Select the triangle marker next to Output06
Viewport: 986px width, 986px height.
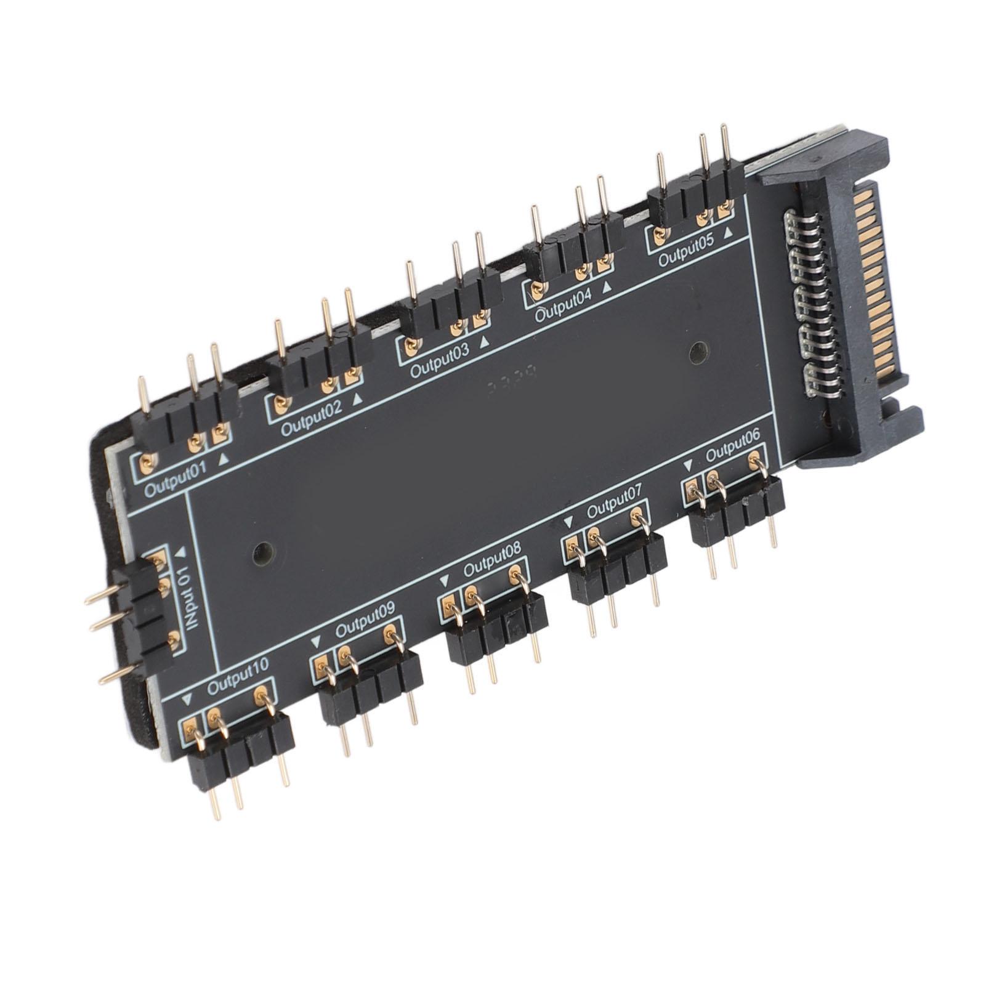click(688, 463)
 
